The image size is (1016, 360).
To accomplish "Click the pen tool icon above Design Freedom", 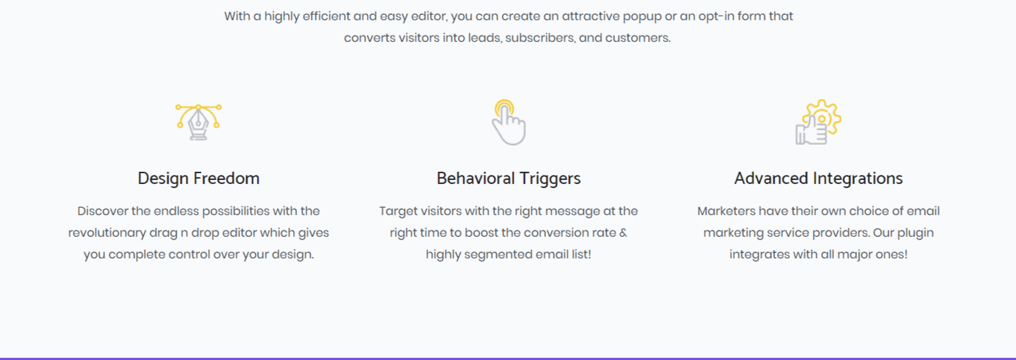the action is (198, 122).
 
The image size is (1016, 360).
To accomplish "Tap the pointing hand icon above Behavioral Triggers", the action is (509, 122).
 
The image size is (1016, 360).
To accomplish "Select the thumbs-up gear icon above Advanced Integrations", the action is (818, 122).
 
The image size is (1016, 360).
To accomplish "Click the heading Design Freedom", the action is (199, 179).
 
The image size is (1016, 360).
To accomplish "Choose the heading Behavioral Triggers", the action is (509, 179).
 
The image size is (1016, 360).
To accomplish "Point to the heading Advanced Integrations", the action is (818, 179).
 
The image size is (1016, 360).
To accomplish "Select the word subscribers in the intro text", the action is (540, 38).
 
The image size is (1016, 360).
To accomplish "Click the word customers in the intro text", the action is (638, 38).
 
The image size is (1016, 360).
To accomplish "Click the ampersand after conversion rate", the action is (623, 233).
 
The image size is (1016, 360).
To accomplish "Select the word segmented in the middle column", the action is (498, 254).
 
